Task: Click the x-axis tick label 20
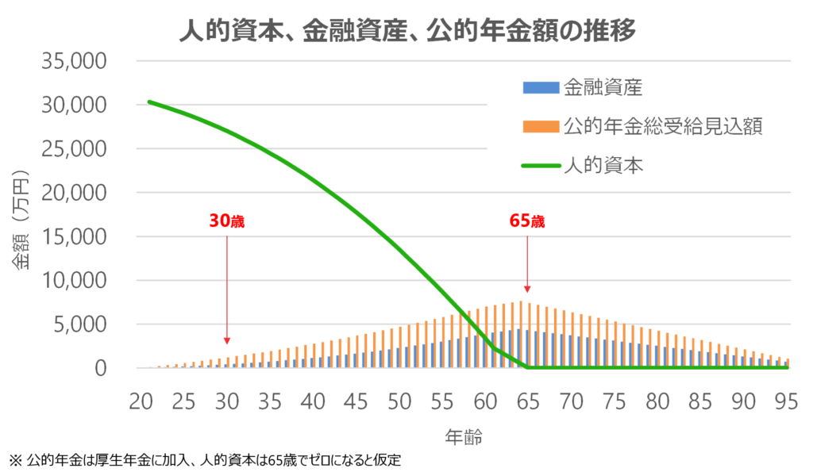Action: tap(141, 401)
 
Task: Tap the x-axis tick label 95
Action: tap(787, 401)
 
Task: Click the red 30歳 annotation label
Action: tap(227, 221)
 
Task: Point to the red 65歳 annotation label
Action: tap(527, 221)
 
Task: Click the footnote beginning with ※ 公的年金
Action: tap(210, 459)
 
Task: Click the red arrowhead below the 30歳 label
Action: tap(227, 340)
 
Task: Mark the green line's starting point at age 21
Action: tap(149, 102)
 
